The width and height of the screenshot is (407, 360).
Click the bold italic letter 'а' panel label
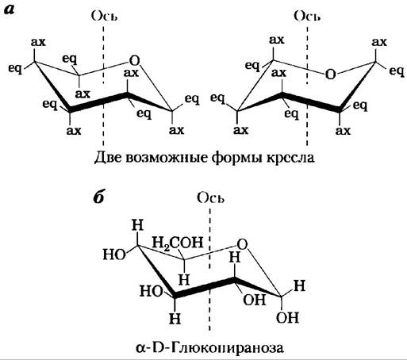(x=9, y=10)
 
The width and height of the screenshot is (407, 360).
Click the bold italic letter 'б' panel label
(x=99, y=197)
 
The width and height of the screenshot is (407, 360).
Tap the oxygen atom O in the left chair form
(x=134, y=61)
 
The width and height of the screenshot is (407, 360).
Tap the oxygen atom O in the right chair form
(x=330, y=75)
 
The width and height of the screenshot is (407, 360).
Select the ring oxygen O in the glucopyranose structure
(x=242, y=244)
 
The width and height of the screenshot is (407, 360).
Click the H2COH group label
(x=178, y=243)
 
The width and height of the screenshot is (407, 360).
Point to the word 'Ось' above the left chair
(x=104, y=17)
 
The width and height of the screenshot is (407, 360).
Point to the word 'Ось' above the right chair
(x=307, y=17)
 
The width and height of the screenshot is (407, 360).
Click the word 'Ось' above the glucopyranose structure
(x=210, y=198)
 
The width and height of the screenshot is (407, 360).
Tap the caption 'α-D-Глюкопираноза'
(x=210, y=347)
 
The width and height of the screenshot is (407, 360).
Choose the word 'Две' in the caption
(x=109, y=158)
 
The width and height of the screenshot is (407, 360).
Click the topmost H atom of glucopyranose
(x=138, y=225)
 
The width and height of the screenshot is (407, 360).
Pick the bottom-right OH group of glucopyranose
(x=287, y=317)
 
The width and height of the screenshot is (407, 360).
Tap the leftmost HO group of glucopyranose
(x=114, y=255)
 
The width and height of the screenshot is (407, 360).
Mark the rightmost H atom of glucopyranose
(x=300, y=285)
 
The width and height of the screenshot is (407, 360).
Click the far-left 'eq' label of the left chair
(x=15, y=69)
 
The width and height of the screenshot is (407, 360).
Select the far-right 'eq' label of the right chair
(x=397, y=71)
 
